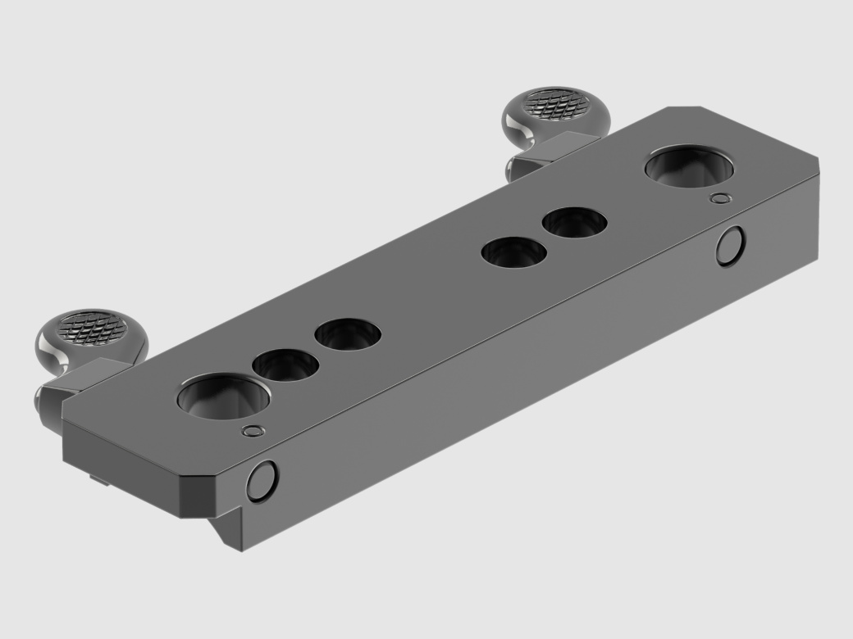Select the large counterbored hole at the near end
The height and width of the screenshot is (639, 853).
coord(223,396)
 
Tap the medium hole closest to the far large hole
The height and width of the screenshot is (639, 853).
coord(574,221)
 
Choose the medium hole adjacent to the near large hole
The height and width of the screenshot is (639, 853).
coord(285,365)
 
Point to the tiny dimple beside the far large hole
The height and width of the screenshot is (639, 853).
coord(720,197)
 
